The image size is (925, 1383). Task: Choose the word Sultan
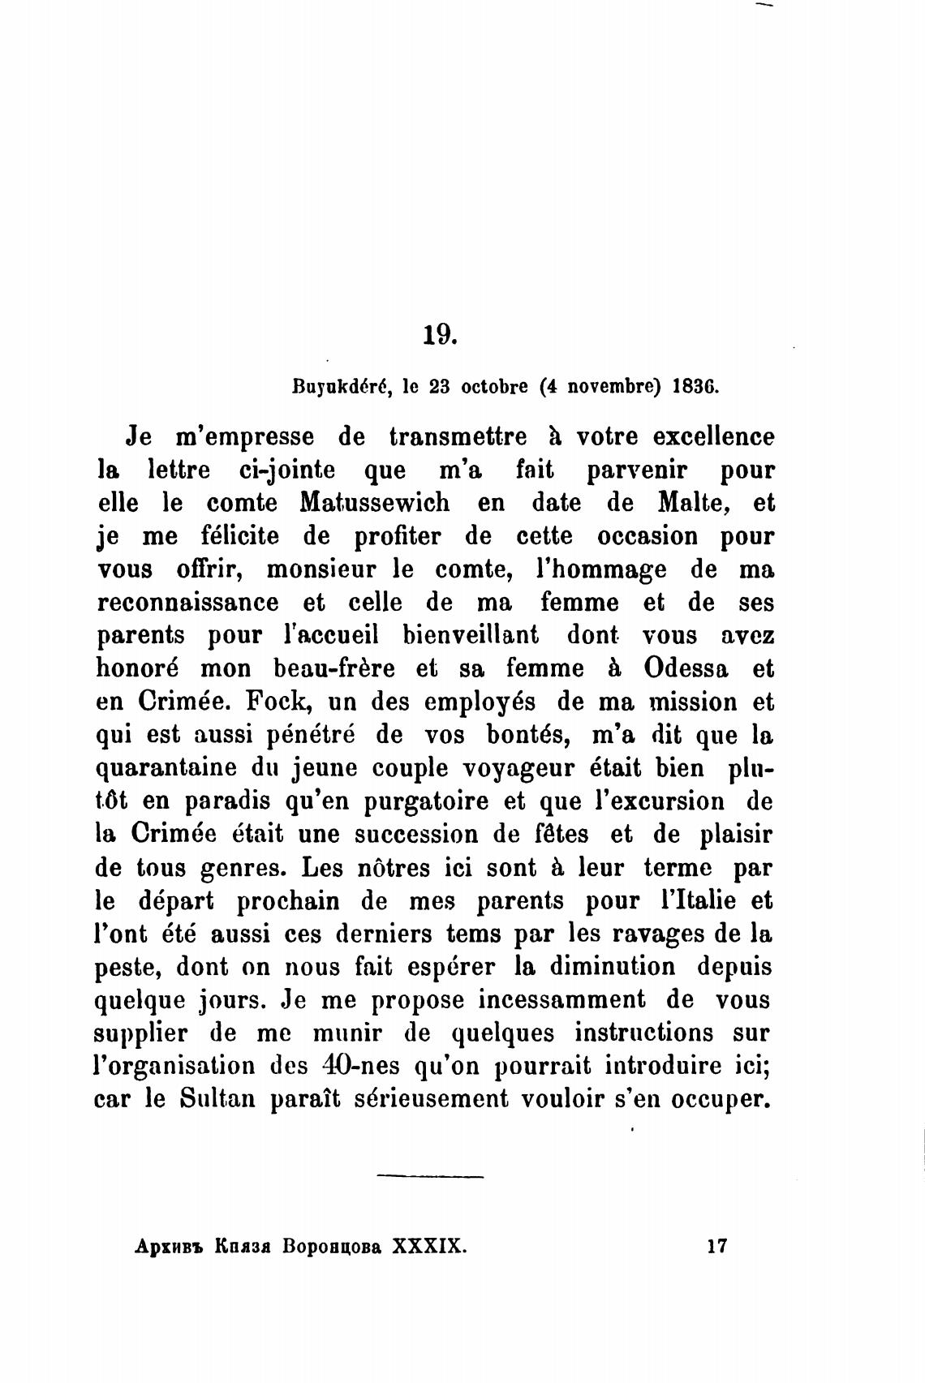[x=217, y=1100]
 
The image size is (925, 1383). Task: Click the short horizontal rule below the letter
[x=430, y=1176]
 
